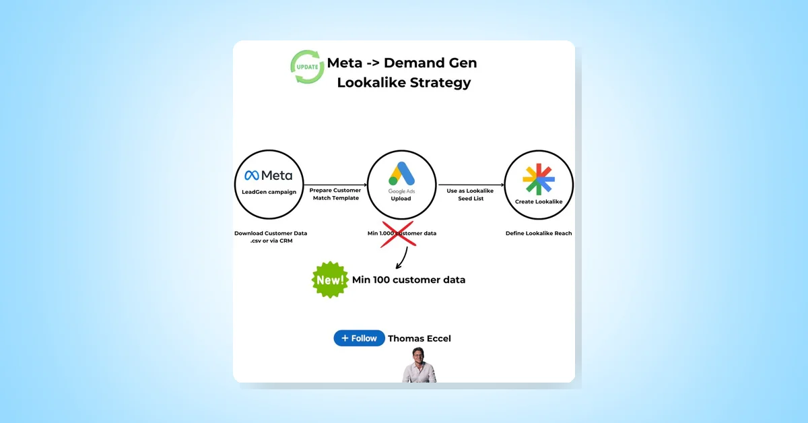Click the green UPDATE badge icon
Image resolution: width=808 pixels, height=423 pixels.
pyautogui.click(x=307, y=67)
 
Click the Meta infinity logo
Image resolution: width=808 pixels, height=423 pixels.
pyautogui.click(x=251, y=176)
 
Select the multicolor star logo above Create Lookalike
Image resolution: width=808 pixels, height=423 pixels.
pyautogui.click(x=539, y=179)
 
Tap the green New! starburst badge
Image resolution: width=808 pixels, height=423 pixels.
pyautogui.click(x=330, y=280)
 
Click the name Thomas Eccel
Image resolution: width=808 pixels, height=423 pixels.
pyautogui.click(x=419, y=338)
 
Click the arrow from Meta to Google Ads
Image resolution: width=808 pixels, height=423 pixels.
pyautogui.click(x=335, y=184)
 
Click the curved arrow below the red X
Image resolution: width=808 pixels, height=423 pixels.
pyautogui.click(x=402, y=258)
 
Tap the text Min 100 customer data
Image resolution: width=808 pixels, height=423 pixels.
pyautogui.click(x=408, y=280)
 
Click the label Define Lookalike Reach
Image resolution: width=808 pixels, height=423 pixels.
pyautogui.click(x=539, y=233)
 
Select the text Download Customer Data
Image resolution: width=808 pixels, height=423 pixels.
pyautogui.click(x=271, y=233)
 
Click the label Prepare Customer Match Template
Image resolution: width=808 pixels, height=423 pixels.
pyautogui.click(x=335, y=194)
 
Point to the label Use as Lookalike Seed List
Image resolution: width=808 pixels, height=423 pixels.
pyautogui.click(x=470, y=194)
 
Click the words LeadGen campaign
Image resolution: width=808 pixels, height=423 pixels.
pyautogui.click(x=268, y=193)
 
